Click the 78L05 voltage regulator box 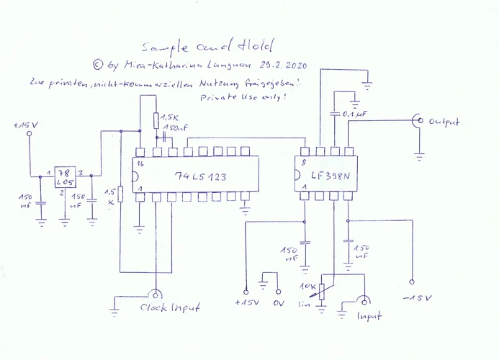(65, 176)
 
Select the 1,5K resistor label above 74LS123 (170, 117)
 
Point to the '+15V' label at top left (27, 126)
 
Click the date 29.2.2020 (284, 66)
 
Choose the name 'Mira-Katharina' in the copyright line (152, 66)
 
